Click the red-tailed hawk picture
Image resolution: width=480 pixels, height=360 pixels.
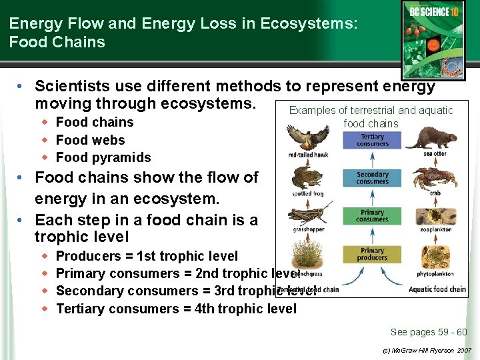(308, 138)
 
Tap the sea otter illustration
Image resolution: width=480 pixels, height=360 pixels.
(431, 139)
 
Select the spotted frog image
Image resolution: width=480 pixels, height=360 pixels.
(307, 178)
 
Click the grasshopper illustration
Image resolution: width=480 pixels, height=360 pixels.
(309, 215)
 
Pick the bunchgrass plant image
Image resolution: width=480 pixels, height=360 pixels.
(307, 253)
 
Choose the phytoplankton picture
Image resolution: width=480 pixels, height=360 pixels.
(434, 257)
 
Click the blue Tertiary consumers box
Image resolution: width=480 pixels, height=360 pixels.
(372, 140)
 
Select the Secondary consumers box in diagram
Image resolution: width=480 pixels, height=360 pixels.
(372, 178)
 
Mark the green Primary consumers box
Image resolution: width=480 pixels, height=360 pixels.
(372, 216)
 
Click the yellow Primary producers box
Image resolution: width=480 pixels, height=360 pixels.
(372, 254)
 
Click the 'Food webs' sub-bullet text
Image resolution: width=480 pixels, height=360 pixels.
(90, 140)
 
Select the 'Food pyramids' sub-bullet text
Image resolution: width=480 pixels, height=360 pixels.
(103, 157)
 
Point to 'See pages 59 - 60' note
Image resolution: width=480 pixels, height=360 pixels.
(429, 332)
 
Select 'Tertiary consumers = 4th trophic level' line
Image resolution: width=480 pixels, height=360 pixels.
(176, 309)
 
